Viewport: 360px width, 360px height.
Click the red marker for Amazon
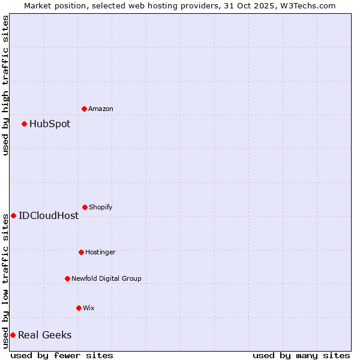pos(84,109)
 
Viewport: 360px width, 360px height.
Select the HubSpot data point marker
pos(24,124)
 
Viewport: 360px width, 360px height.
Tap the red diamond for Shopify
pos(85,207)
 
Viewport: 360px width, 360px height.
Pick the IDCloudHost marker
pos(13,215)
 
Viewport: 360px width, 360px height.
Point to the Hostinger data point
pos(81,252)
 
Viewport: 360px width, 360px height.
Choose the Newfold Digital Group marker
pos(67,278)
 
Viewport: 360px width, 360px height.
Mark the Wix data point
pos(79,308)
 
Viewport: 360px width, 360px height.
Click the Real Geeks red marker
pos(13,335)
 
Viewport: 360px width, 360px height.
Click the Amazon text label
pos(101,109)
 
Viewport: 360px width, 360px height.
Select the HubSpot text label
pos(50,124)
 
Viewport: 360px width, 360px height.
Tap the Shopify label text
pos(101,207)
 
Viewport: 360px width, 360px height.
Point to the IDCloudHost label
pos(49,216)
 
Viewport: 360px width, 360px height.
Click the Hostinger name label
pos(100,252)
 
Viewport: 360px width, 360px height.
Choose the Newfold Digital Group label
pos(106,278)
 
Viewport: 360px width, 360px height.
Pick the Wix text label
pos(89,308)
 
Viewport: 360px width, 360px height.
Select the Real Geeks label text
pos(44,335)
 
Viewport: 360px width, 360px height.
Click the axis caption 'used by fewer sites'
pos(62,355)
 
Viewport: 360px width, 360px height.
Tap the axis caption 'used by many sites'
pos(301,355)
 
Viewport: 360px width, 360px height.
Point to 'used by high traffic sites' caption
pos(5,85)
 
